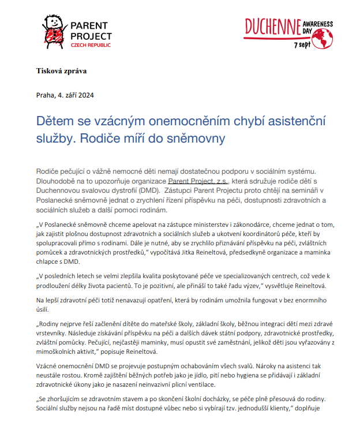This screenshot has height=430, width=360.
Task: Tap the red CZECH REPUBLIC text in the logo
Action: click(91, 45)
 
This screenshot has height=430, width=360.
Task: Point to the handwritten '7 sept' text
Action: click(303, 44)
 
